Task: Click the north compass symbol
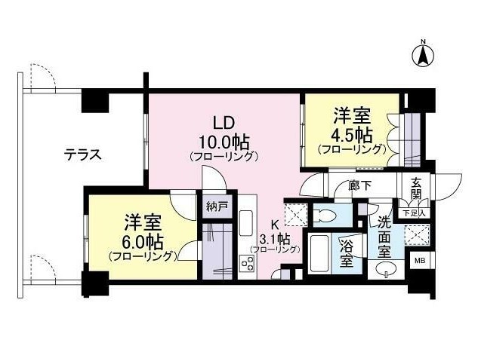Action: click(x=423, y=55)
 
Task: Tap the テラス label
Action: click(x=82, y=155)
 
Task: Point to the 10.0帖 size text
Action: click(x=224, y=142)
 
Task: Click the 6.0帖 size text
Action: click(x=143, y=242)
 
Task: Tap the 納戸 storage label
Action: click(x=217, y=207)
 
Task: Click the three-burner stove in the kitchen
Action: click(x=247, y=263)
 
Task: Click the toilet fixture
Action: click(x=325, y=216)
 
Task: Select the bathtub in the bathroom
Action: click(x=319, y=253)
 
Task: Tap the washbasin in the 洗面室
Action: click(x=386, y=269)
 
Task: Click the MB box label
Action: click(x=420, y=260)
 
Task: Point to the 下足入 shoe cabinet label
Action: click(x=414, y=213)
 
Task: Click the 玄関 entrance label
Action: click(x=416, y=188)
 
